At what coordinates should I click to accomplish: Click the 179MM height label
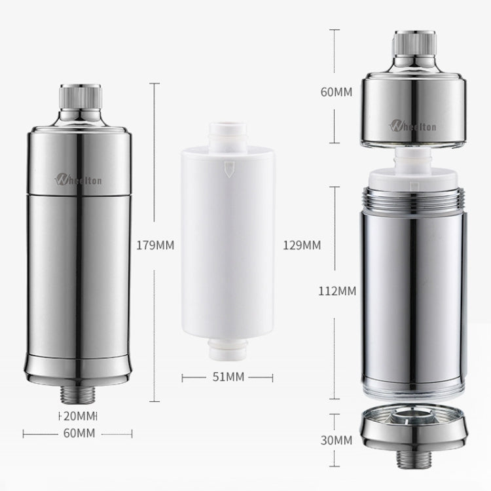pos(156,246)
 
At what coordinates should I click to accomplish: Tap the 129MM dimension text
pos(302,245)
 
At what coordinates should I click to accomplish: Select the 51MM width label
pos(227,376)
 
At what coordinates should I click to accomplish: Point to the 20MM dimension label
pos(79,416)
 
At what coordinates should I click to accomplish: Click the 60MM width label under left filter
pos(79,433)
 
